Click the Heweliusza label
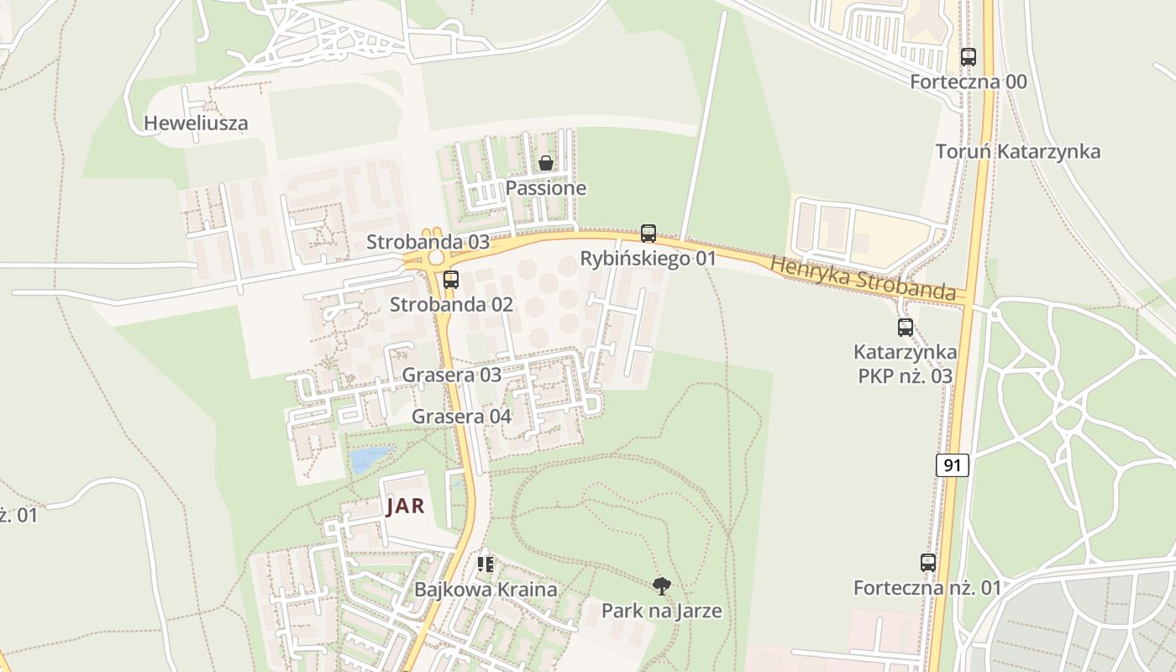(196, 123)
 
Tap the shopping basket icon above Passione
(546, 163)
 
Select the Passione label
(546, 188)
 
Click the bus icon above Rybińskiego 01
(648, 234)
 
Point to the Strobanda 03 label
(428, 242)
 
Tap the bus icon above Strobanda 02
(451, 280)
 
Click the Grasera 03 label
(451, 375)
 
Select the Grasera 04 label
(461, 417)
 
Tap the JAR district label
(405, 507)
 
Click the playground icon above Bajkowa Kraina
(485, 564)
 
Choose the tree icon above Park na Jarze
(662, 585)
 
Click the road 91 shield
(952, 465)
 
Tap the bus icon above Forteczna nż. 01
(928, 563)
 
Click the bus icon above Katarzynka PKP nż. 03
(905, 328)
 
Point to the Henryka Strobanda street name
(864, 279)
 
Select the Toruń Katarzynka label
(1018, 152)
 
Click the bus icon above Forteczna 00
(969, 57)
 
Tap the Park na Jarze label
(662, 611)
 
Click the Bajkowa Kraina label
(486, 590)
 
